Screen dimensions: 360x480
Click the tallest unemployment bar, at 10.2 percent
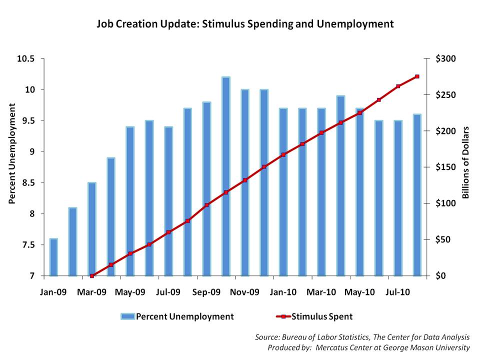coord(225,176)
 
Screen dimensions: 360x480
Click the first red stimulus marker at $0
coord(92,276)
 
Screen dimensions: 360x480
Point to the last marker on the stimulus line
coord(417,76)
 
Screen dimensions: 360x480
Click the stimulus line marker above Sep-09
coord(206,205)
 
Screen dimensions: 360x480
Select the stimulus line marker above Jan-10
coord(283,154)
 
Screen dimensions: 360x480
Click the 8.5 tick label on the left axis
coord(28,183)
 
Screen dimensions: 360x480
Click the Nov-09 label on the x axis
coord(245,291)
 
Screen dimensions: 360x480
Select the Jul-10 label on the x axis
coord(398,291)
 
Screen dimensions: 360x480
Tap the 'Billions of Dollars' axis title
coord(464,162)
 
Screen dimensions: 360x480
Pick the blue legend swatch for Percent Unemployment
coord(127,316)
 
